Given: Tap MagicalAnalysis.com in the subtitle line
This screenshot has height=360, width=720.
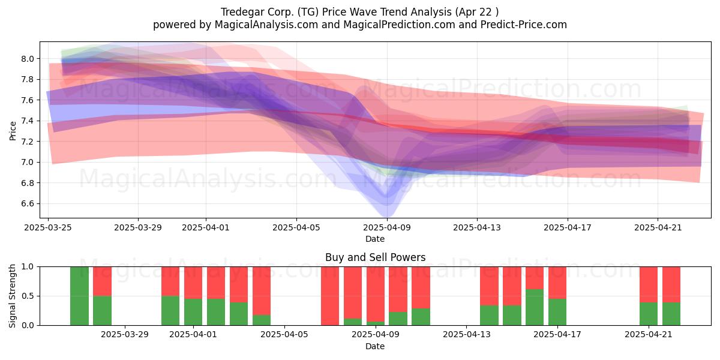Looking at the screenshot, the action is (266, 25).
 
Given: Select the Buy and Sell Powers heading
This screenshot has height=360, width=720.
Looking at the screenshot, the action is (375, 257).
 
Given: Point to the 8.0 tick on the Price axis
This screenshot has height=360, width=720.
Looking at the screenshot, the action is (28, 59).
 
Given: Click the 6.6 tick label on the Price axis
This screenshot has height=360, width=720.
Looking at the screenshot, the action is (28, 204).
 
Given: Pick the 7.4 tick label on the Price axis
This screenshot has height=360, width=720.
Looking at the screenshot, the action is (28, 121).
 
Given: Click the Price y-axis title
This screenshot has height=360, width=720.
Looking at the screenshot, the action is (13, 131).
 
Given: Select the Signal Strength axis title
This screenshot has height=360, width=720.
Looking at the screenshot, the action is (12, 296).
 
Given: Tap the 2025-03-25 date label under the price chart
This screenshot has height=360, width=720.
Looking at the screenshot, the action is (48, 227).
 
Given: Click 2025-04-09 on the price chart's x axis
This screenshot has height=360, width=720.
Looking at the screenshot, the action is (387, 227).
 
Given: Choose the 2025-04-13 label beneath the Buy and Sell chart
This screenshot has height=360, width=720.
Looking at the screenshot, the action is (466, 334).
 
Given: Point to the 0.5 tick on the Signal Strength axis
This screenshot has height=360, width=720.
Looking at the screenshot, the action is (28, 296).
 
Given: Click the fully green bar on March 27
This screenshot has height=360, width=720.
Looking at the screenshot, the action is (79, 296).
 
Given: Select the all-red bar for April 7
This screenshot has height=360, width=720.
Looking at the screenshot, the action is (330, 296).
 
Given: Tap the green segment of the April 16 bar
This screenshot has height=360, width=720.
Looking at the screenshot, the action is (535, 307).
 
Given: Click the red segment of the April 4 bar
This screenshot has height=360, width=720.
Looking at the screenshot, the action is (262, 291).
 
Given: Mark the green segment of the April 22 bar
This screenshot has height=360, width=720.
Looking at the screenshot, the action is (671, 314).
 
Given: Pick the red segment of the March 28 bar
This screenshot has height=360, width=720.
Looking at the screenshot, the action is (102, 281).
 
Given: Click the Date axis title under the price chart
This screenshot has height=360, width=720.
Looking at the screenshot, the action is (375, 239).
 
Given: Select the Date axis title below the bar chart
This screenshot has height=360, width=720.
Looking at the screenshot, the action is (375, 346).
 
